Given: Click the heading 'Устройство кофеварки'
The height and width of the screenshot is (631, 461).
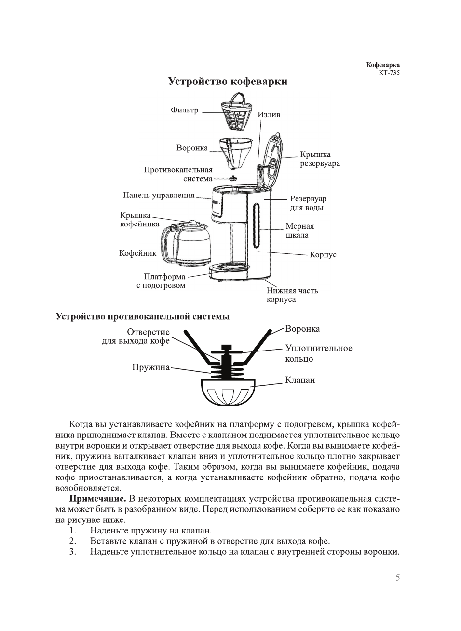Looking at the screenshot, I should click(228, 81).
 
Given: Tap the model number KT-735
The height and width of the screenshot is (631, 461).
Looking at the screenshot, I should click(389, 73).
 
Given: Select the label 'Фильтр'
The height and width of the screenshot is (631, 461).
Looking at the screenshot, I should click(185, 110).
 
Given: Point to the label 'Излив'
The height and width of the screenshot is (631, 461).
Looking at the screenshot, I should click(269, 115).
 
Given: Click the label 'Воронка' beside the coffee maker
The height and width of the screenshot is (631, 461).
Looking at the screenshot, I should click(192, 148).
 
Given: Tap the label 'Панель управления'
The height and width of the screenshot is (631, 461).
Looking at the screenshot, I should click(159, 196).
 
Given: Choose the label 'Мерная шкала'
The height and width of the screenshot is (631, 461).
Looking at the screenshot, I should click(299, 231).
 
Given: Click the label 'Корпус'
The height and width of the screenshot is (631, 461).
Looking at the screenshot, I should click(323, 254).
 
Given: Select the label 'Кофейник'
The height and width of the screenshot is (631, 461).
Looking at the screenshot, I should click(137, 253).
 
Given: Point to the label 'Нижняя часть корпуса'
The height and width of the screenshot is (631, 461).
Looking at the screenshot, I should click(292, 295).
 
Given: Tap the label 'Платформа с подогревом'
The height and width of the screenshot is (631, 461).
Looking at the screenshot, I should click(161, 281).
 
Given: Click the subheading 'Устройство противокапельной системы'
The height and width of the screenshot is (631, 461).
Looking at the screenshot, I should click(143, 317).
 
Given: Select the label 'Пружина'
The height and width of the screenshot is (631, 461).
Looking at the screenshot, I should click(151, 367).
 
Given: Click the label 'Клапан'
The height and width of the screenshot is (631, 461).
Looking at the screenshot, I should click(300, 380).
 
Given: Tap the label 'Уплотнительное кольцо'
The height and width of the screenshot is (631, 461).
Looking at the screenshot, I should click(318, 353).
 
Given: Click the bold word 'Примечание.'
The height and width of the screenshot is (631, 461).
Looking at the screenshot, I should click(97, 499).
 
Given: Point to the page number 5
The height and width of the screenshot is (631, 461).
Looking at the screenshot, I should click(397, 578).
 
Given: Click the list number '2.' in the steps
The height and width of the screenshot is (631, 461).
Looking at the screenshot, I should click(73, 541).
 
